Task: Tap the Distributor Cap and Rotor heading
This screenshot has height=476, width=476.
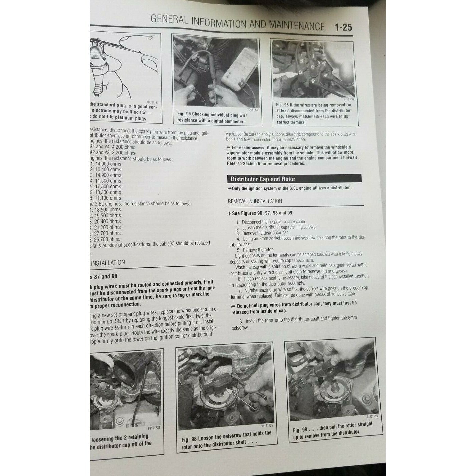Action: [x=263, y=179]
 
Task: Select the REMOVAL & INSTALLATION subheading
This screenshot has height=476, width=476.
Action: [x=255, y=201]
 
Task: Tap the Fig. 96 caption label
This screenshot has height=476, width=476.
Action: [x=282, y=105]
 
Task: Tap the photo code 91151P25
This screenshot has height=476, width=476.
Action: [x=267, y=426]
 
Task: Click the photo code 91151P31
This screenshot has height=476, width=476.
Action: [x=154, y=428]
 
